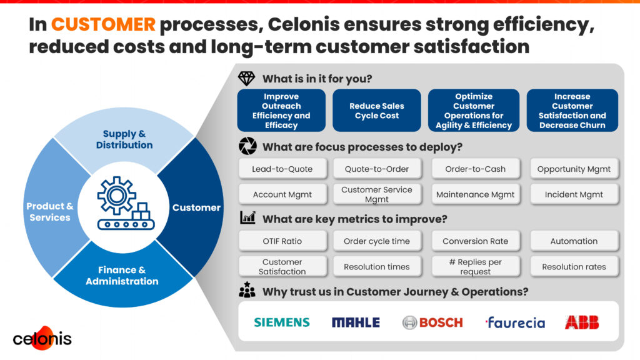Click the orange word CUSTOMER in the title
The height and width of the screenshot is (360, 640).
103,24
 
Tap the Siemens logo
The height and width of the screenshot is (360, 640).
281,322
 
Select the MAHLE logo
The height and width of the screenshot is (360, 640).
356,322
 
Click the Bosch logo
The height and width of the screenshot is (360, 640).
432,322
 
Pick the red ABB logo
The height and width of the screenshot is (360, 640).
581,322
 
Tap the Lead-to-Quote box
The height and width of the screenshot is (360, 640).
282,169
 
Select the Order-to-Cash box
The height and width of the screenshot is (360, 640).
475,169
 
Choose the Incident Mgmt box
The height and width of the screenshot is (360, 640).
574,194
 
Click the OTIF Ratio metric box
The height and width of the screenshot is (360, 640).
282,241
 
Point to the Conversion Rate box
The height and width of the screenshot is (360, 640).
475,241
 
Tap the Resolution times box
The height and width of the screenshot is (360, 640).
377,267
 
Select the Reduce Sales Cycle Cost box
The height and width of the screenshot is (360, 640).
377,111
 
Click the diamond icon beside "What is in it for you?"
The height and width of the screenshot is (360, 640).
247,79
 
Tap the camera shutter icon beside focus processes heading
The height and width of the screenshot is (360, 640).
247,147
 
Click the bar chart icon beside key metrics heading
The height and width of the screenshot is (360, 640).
247,218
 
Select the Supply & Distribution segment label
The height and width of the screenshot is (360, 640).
124,139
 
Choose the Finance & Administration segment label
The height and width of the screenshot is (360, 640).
122,276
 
